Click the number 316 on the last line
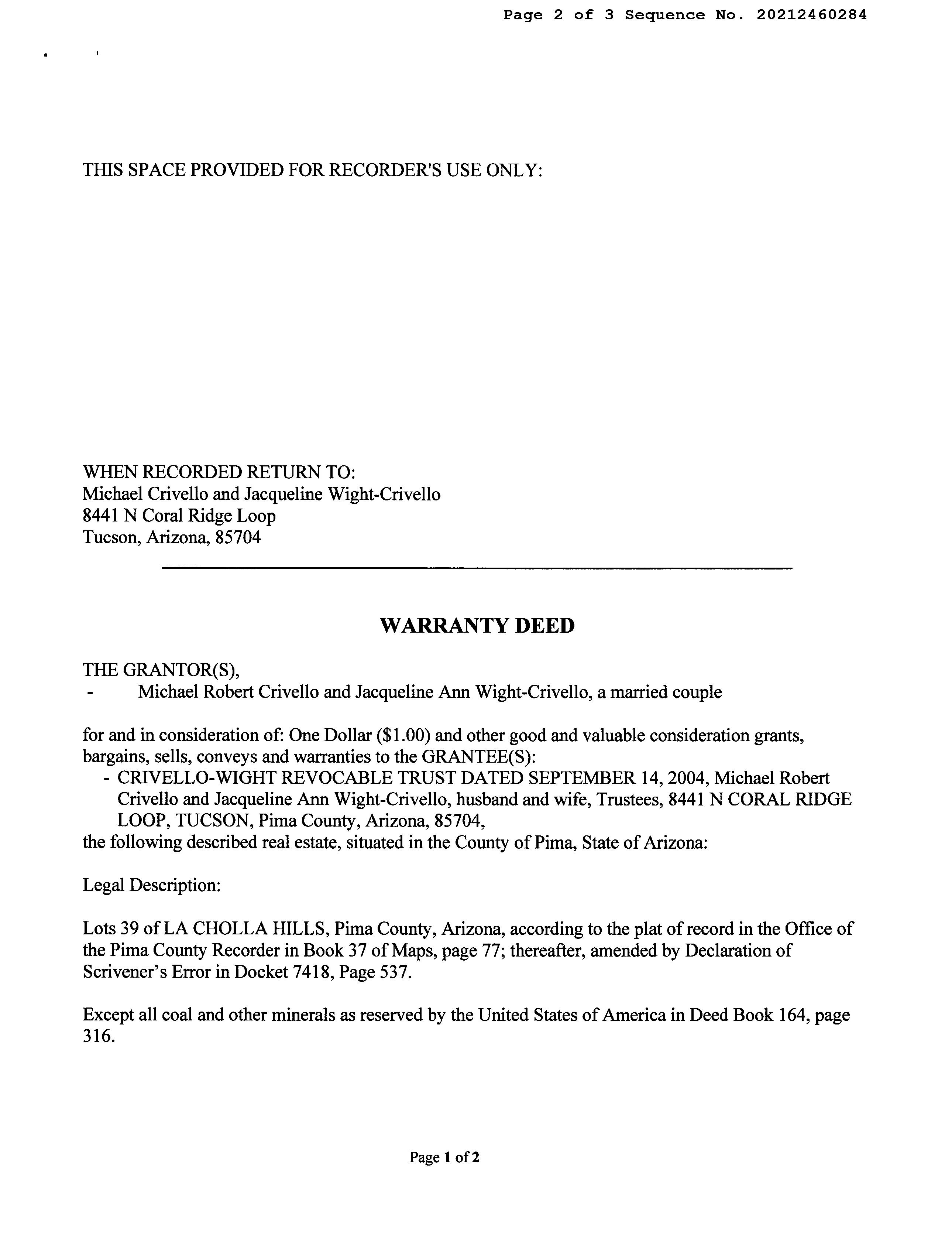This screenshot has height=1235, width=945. [99, 1036]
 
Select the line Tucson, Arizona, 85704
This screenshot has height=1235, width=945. [172, 537]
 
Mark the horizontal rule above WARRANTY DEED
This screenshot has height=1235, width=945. [477, 568]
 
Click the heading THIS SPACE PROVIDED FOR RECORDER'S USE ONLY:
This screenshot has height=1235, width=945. [312, 170]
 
